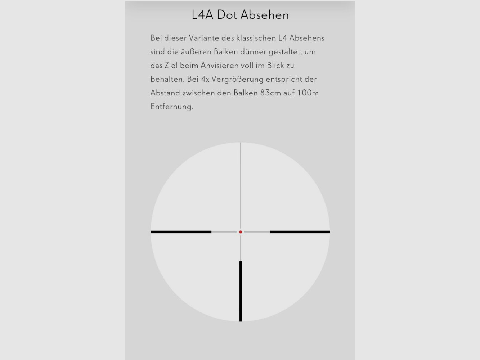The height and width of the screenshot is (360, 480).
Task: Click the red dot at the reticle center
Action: (x=241, y=232)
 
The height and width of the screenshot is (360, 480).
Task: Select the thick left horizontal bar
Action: (x=181, y=232)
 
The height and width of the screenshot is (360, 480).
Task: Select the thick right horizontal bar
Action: (x=300, y=232)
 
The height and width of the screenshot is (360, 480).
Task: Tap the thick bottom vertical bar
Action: (x=241, y=291)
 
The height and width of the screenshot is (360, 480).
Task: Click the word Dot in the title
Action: (x=227, y=15)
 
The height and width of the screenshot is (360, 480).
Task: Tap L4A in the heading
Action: (x=202, y=15)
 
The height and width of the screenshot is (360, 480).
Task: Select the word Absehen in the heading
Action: (x=265, y=15)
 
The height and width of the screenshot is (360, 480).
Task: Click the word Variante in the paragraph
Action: (x=204, y=38)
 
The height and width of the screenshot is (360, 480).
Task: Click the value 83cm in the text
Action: (x=270, y=93)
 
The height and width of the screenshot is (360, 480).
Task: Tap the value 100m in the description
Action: (x=308, y=93)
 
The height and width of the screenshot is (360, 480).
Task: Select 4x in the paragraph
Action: (x=205, y=79)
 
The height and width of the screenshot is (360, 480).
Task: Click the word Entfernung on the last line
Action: (x=171, y=107)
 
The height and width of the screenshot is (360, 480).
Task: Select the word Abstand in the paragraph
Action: (x=165, y=93)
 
